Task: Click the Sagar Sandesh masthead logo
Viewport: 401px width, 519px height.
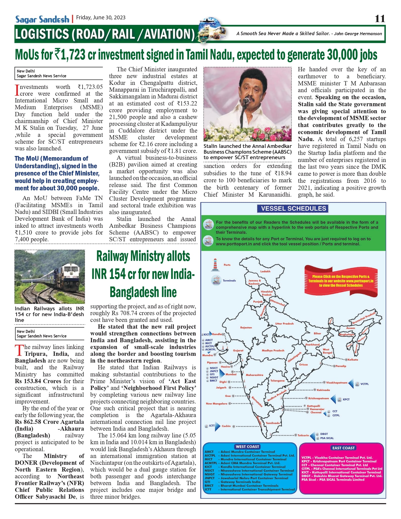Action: (x=42, y=19)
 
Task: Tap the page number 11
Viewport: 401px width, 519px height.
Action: (x=380, y=19)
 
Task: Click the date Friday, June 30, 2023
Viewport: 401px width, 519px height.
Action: (x=101, y=18)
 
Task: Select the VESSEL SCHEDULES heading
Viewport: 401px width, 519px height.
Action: (x=293, y=208)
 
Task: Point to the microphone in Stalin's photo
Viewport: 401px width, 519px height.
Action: (x=246, y=101)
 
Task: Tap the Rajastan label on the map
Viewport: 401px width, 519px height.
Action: (x=246, y=327)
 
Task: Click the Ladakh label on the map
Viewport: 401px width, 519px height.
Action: (x=265, y=271)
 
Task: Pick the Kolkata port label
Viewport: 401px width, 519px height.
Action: (x=353, y=360)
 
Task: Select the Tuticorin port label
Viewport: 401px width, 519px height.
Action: (x=303, y=435)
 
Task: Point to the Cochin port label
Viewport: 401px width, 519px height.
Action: (x=226, y=426)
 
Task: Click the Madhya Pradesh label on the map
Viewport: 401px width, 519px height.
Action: (x=273, y=350)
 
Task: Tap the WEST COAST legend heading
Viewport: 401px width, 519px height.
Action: (x=247, y=446)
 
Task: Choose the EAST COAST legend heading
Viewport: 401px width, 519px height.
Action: (x=343, y=448)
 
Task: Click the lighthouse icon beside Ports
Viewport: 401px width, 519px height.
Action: (x=215, y=265)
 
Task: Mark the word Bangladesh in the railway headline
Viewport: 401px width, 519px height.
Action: (x=143, y=292)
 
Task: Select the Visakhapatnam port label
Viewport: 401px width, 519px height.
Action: (x=337, y=383)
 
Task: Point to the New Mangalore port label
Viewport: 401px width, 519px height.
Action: (x=216, y=404)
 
